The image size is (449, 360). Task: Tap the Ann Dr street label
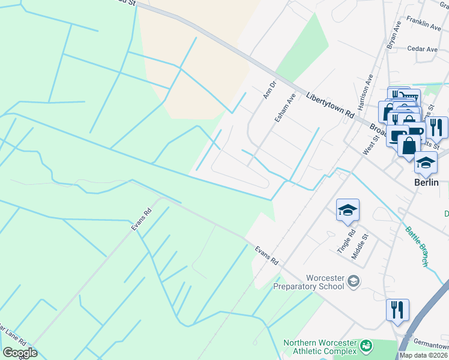[x=268, y=89]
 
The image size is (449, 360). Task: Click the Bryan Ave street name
[x=393, y=36]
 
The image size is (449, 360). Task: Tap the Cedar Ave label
[x=422, y=49]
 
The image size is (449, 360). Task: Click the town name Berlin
[x=427, y=182]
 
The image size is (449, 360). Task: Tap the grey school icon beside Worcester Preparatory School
[x=354, y=281]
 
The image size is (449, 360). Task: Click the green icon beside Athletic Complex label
[x=365, y=346]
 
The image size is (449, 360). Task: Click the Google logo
[x=19, y=353]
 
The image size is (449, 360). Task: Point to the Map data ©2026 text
[x=423, y=355]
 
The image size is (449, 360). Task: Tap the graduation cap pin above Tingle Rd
[x=348, y=211]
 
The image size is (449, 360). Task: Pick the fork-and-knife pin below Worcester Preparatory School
[x=397, y=310]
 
